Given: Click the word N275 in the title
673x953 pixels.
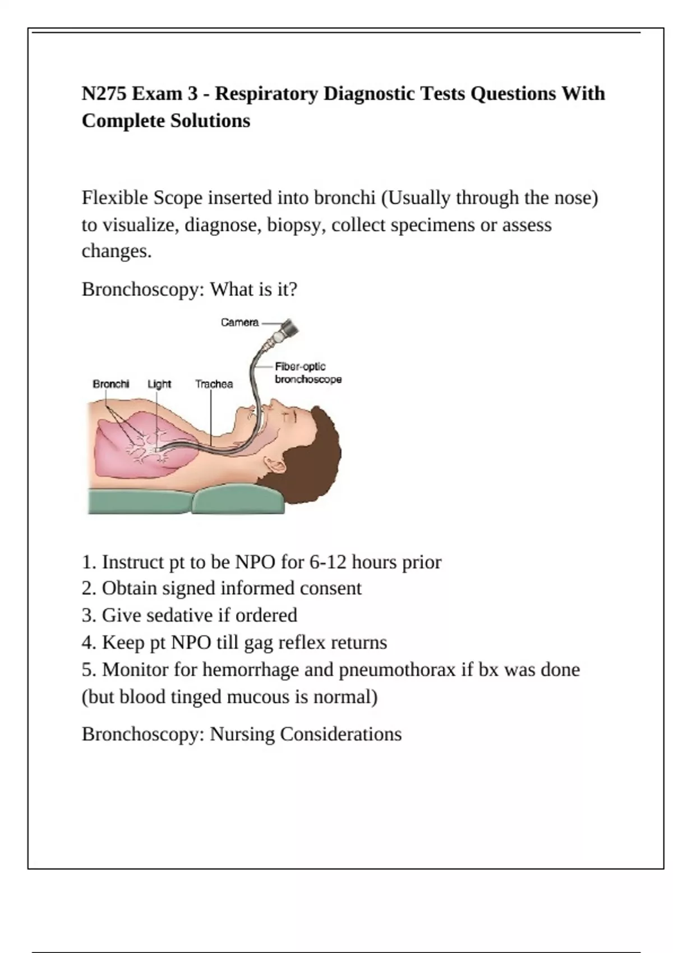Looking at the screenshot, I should pyautogui.click(x=104, y=94).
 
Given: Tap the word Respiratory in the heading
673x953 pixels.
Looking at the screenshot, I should pyautogui.click(x=266, y=94).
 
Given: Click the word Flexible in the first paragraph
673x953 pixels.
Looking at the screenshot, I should pyautogui.click(x=115, y=198).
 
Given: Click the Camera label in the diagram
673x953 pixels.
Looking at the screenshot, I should pyautogui.click(x=239, y=322).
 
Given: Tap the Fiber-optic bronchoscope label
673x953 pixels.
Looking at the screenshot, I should pyautogui.click(x=308, y=373).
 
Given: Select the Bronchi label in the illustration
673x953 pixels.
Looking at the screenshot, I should pyautogui.click(x=110, y=384).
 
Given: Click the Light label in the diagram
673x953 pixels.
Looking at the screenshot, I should pyautogui.click(x=159, y=384).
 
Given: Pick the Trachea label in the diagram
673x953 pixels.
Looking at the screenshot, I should pyautogui.click(x=214, y=384).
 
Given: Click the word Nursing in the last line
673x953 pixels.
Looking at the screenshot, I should pyautogui.click(x=242, y=734).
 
